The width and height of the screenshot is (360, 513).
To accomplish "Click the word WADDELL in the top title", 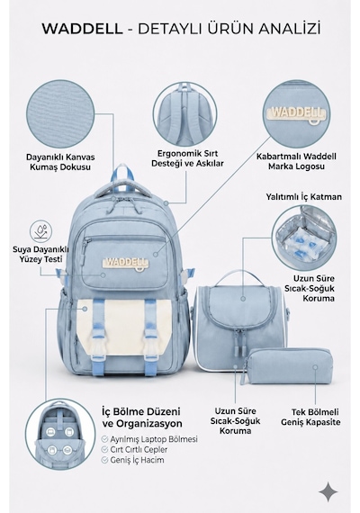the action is (82, 29).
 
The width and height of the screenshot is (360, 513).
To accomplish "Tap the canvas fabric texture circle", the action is (60, 112).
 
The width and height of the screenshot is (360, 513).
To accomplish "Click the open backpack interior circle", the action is (60, 434).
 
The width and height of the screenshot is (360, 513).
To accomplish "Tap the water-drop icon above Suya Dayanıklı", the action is (40, 231).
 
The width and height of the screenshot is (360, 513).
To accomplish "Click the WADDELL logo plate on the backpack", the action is (126, 264).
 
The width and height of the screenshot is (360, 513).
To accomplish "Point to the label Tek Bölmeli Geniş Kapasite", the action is (310, 417).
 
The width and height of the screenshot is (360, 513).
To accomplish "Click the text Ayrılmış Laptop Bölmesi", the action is (154, 439).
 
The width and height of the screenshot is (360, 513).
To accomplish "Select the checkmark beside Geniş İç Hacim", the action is (104, 460).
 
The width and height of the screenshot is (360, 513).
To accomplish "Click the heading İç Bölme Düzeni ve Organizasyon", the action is (142, 417).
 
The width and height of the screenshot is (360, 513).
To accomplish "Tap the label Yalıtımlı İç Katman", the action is (303, 196).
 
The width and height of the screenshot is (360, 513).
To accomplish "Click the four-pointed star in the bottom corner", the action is (328, 491).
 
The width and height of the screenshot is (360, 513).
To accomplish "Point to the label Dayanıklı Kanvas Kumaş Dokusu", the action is (60, 162).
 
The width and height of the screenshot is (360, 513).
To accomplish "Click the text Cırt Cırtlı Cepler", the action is (139, 449).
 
